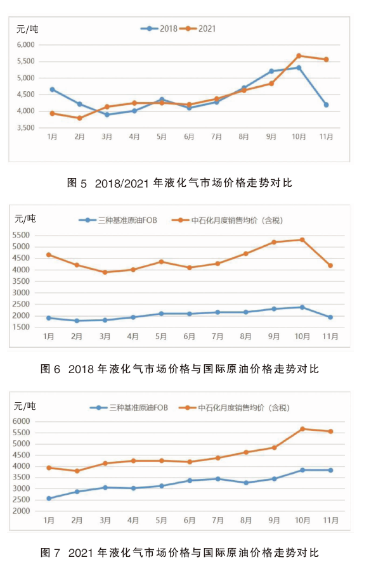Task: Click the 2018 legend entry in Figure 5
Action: pyautogui.click(x=159, y=29)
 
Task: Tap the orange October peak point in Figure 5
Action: pyautogui.click(x=299, y=56)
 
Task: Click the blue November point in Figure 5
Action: pyautogui.click(x=326, y=105)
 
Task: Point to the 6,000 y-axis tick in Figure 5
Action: pyautogui.click(x=26, y=45)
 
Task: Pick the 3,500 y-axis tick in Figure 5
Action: pyautogui.click(x=26, y=127)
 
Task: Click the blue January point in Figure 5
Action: pyautogui.click(x=53, y=89)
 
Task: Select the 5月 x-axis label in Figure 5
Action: pyautogui.click(x=162, y=137)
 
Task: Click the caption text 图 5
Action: pyautogui.click(x=77, y=183)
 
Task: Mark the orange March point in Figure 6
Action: pyautogui.click(x=105, y=272)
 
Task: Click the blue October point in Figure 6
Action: pyautogui.click(x=302, y=307)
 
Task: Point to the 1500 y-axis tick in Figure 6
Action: pyautogui.click(x=21, y=328)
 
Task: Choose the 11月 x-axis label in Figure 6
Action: pyautogui.click(x=330, y=336)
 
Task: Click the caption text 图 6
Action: pyautogui.click(x=50, y=369)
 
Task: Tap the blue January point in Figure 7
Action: pyautogui.click(x=49, y=499)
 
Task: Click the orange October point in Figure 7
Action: pyautogui.click(x=302, y=430)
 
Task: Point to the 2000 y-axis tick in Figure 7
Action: pyautogui.click(x=22, y=511)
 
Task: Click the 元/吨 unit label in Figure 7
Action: pyautogui.click(x=25, y=406)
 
